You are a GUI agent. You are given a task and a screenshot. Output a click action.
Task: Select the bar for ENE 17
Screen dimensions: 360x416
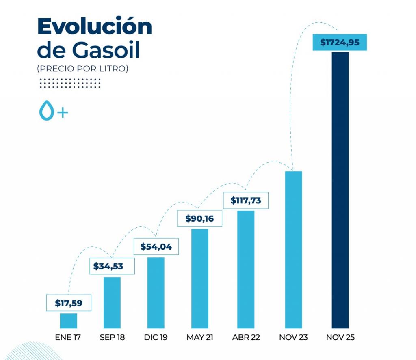[x=68, y=320]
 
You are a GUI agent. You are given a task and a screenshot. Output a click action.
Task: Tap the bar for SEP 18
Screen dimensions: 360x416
[x=112, y=302]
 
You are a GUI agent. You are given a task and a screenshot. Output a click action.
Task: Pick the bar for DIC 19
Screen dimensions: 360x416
[x=156, y=292]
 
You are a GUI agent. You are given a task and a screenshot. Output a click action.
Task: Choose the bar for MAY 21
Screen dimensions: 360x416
[x=199, y=278]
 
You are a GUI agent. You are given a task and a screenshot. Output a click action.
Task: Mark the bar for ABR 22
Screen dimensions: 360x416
[x=246, y=269]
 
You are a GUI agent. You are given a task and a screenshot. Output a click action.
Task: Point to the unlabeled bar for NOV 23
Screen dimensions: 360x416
[x=293, y=249]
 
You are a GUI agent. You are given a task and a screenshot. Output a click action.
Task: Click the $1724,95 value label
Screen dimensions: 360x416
[x=340, y=43]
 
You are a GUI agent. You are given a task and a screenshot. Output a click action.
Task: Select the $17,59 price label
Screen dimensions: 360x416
[x=68, y=303]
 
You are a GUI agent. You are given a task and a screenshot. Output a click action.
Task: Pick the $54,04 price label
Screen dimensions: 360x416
[x=156, y=246]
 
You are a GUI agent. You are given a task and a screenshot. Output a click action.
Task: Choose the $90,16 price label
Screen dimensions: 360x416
[x=199, y=219]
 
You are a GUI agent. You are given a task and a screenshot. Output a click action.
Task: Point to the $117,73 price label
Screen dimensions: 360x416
[x=245, y=200]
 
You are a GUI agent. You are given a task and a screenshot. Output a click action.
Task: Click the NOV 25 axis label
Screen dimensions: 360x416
[x=340, y=337]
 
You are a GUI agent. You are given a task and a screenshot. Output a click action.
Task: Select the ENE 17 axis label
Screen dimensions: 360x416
[x=68, y=337]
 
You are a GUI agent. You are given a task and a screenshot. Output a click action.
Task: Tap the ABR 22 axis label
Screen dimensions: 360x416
[x=246, y=337]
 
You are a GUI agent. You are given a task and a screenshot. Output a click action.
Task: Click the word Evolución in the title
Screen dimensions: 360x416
[x=94, y=27]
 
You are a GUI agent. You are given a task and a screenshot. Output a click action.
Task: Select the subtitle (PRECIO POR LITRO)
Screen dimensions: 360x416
[x=82, y=69]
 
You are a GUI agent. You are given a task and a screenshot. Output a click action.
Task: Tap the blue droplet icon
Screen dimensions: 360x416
[x=46, y=110]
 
